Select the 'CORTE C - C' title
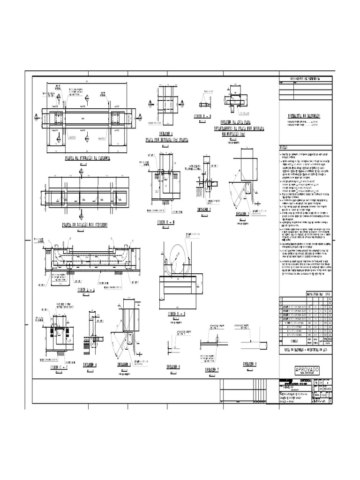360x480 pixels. pos(59,367)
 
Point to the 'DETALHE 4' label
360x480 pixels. pos(90,364)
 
